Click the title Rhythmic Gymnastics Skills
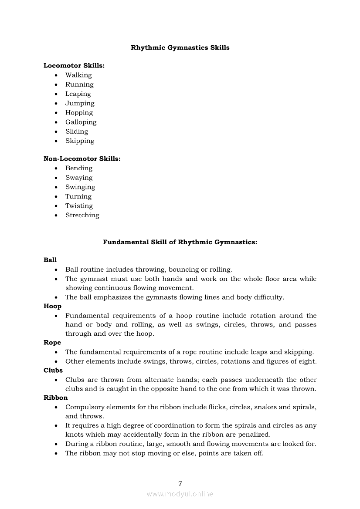pos(180,47)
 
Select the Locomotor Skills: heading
pos(74,66)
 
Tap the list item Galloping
pos(81,122)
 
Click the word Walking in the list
pos(78,75)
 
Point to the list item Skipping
pos(80,141)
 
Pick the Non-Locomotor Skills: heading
pos(82,159)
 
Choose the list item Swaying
pos(79,178)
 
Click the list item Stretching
pos(82,215)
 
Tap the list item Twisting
pos(79,206)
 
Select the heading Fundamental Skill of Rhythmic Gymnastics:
pos(180,242)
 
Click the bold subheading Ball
pos(50,260)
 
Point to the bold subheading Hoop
pos(52,306)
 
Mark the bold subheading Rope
pos(52,343)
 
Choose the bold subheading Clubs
pos(53,371)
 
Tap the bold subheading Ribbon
pos(56,398)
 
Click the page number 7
pos(180,483)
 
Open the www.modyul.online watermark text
pos(180,494)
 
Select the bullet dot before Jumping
pos(56,104)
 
